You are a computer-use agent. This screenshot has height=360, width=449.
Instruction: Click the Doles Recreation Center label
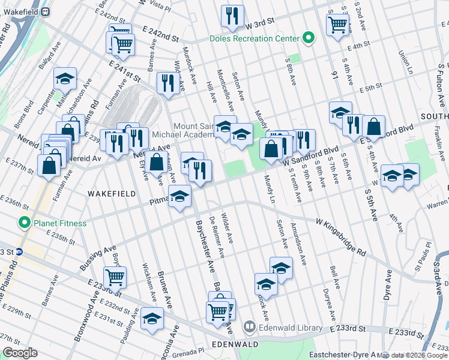(x=254, y=38)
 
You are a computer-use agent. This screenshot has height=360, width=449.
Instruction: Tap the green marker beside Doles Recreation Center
(x=308, y=38)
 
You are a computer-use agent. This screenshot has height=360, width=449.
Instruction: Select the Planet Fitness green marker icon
(x=25, y=223)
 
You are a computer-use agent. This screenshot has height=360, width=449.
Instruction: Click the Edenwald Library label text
(x=291, y=328)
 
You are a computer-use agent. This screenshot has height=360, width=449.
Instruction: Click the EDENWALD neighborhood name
(x=235, y=344)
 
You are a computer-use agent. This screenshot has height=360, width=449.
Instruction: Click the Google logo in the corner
(x=20, y=353)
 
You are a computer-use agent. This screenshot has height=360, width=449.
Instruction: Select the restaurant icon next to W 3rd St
(x=231, y=16)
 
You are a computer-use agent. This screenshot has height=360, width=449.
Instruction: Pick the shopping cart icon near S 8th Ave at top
(x=337, y=25)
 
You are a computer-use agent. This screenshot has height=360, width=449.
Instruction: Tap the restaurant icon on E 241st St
(x=167, y=82)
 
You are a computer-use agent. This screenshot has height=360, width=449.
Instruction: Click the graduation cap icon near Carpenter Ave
(x=65, y=79)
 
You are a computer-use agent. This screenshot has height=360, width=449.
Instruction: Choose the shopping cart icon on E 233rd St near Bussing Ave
(x=115, y=277)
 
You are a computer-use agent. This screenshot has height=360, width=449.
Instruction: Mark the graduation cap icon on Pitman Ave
(x=179, y=196)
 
